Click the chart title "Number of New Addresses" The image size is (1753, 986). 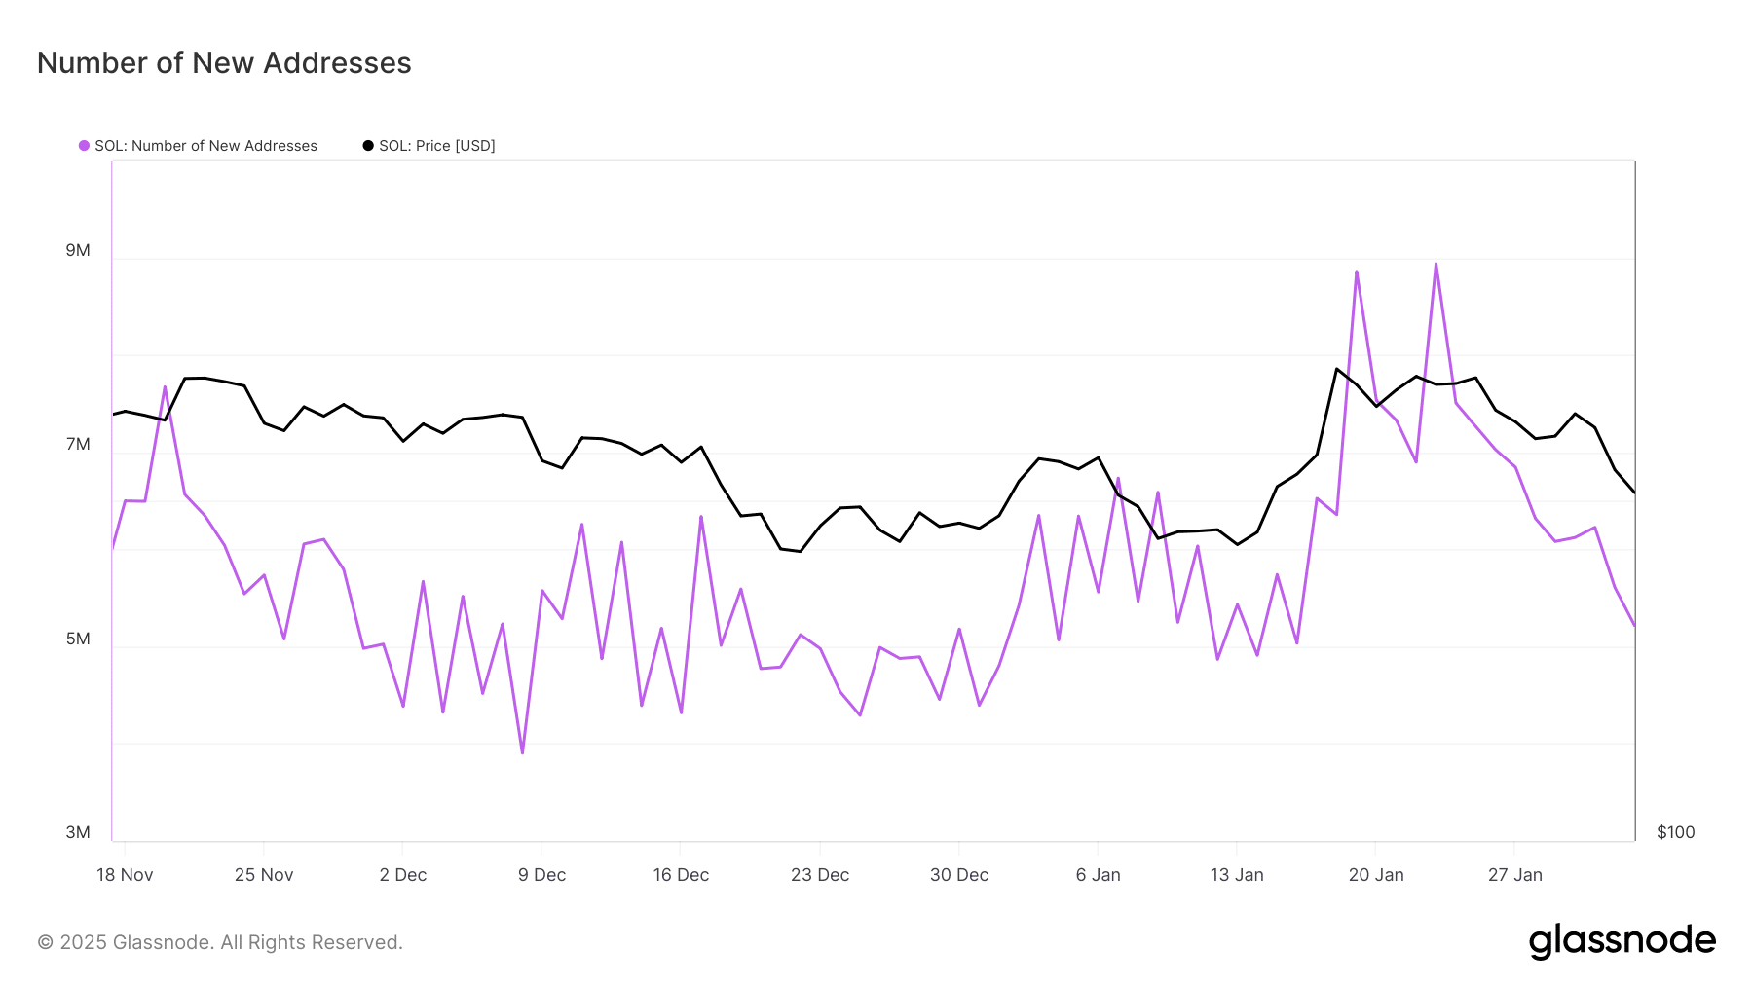pyautogui.click(x=224, y=63)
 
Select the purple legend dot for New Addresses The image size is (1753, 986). pyautogui.click(x=84, y=146)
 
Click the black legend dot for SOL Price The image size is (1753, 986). pyautogui.click(x=368, y=146)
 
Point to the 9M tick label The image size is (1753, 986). pyautogui.click(x=78, y=250)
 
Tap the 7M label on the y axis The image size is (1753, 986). pyautogui.click(x=78, y=444)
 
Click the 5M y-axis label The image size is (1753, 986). pyautogui.click(x=78, y=639)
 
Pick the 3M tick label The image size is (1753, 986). pyautogui.click(x=78, y=832)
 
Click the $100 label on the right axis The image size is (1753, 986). pyautogui.click(x=1675, y=832)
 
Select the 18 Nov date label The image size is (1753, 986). pyautogui.click(x=125, y=875)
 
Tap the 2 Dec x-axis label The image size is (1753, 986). pyautogui.click(x=403, y=875)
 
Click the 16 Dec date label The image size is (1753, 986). pyautogui.click(x=681, y=875)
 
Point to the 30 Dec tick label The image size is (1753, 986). pyautogui.click(x=959, y=875)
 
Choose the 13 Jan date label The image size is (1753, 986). pyautogui.click(x=1237, y=875)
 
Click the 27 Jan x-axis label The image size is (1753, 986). pyautogui.click(x=1515, y=875)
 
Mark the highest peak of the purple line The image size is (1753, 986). pyautogui.click(x=1436, y=264)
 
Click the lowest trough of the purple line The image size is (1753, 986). pyautogui.click(x=522, y=752)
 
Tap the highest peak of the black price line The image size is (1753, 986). pyautogui.click(x=1336, y=369)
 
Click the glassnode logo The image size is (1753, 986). pyautogui.click(x=1622, y=941)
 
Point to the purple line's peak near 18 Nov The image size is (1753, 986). pyautogui.click(x=165, y=387)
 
